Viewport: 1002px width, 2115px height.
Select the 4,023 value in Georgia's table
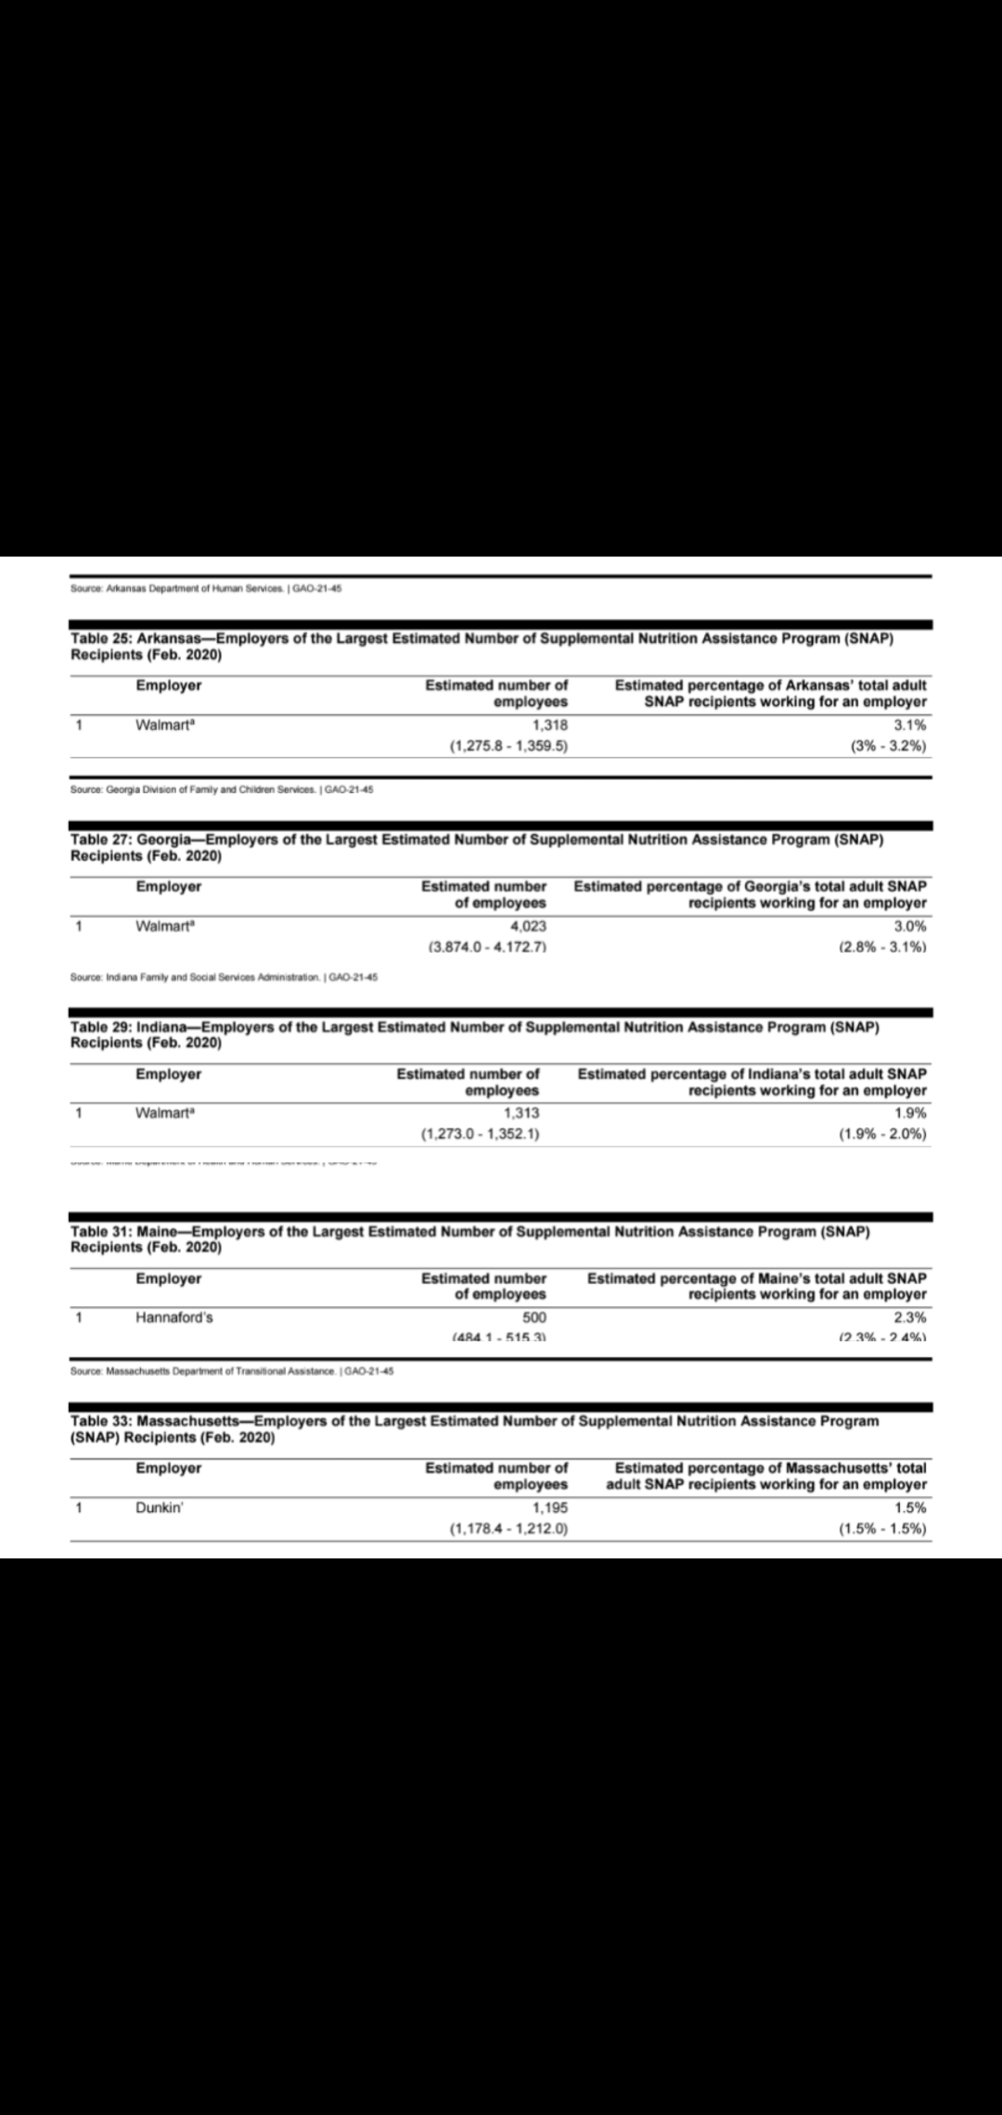click(528, 926)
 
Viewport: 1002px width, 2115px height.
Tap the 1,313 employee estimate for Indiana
click(520, 1113)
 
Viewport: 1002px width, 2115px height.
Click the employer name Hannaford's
click(174, 1317)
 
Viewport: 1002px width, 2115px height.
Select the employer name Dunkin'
click(160, 1507)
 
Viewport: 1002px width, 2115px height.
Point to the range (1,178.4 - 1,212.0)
click(508, 1529)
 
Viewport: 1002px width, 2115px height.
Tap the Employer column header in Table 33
click(168, 1468)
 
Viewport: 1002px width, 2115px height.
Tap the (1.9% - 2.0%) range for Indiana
click(881, 1134)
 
